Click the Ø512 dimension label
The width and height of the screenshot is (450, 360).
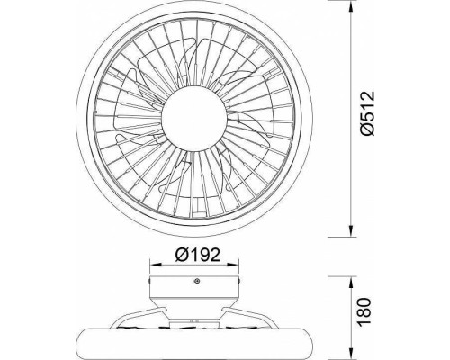(367, 113)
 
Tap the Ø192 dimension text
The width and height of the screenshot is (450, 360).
(198, 255)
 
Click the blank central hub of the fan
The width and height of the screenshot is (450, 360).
(193, 119)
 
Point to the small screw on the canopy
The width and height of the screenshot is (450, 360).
(197, 281)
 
